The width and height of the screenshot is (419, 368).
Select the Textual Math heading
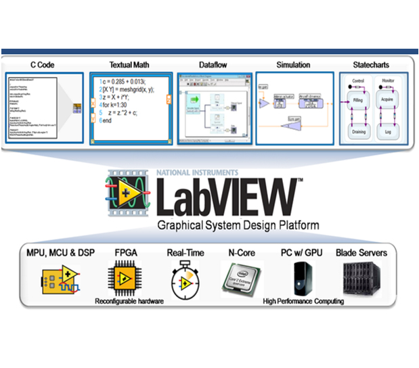click(129, 65)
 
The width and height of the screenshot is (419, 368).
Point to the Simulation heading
click(293, 65)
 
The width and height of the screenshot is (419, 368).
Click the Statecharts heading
click(372, 65)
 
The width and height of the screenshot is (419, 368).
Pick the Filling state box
click(358, 100)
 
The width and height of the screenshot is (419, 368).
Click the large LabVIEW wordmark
click(225, 195)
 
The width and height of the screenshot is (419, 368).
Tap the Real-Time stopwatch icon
click(183, 280)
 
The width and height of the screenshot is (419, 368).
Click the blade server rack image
click(362, 279)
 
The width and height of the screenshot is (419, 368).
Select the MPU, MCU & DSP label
click(61, 253)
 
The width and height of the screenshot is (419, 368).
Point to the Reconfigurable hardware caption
click(129, 301)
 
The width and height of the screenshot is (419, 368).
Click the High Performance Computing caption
click(303, 301)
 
